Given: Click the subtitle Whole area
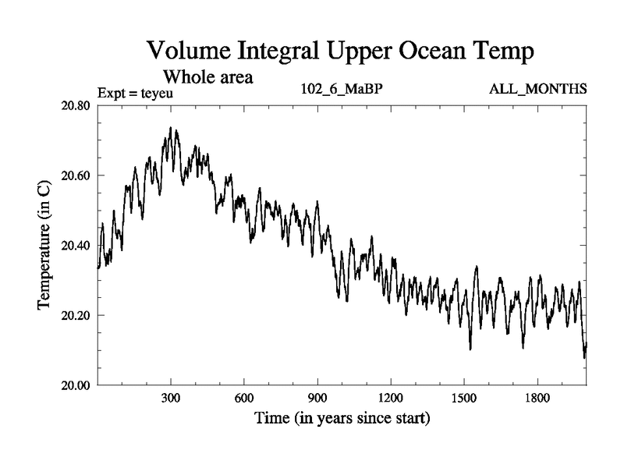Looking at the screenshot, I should pos(207,77).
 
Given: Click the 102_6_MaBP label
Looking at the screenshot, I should pos(342,90).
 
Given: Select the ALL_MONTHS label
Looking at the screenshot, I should pos(537,90).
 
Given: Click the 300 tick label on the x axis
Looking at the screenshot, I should pos(171,398).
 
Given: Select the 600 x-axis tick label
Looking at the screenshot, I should pos(244,398).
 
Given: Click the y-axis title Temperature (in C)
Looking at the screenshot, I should pos(44,245).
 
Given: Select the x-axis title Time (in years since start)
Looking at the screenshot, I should pos(342,418).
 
